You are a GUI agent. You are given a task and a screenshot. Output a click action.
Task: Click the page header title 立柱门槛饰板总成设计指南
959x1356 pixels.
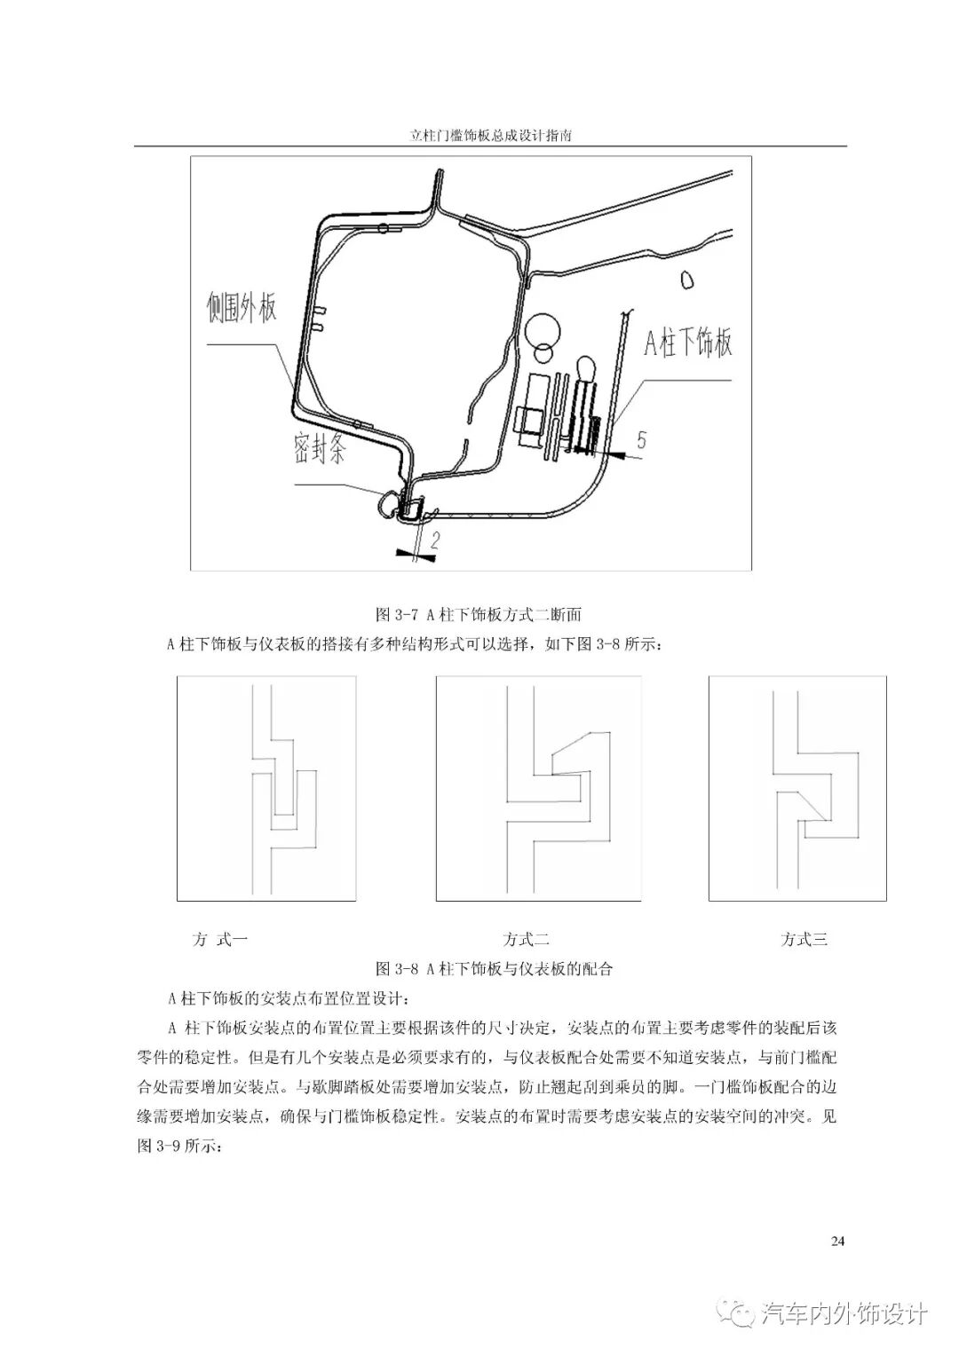490,138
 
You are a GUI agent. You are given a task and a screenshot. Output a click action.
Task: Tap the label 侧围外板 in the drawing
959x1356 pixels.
242,309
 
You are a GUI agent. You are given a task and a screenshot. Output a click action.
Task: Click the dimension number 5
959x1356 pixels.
641,438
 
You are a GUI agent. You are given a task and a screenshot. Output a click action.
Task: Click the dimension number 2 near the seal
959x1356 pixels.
435,539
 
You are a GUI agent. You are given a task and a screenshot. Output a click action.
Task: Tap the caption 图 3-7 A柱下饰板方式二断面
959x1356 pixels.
479,614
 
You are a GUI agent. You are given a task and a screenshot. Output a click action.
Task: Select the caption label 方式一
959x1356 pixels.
219,940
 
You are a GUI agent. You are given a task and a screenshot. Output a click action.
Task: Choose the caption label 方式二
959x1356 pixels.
526,940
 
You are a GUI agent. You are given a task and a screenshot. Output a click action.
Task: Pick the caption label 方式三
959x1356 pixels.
804,940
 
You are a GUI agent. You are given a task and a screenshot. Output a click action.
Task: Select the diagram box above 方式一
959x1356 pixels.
266,788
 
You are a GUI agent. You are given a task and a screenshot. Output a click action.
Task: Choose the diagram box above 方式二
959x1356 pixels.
538,788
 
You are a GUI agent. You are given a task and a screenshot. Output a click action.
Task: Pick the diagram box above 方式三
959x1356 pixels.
797,788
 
